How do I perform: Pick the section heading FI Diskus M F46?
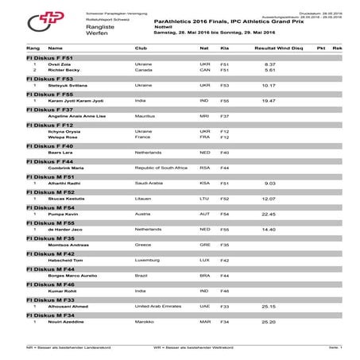tap(51, 284)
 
